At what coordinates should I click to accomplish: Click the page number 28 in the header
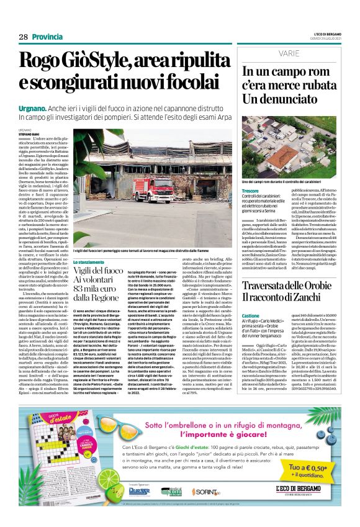pyautogui.click(x=23, y=37)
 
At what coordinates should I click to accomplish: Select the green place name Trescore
pyautogui.click(x=251, y=190)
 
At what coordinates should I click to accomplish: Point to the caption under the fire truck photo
pyautogui.click(x=151, y=250)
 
